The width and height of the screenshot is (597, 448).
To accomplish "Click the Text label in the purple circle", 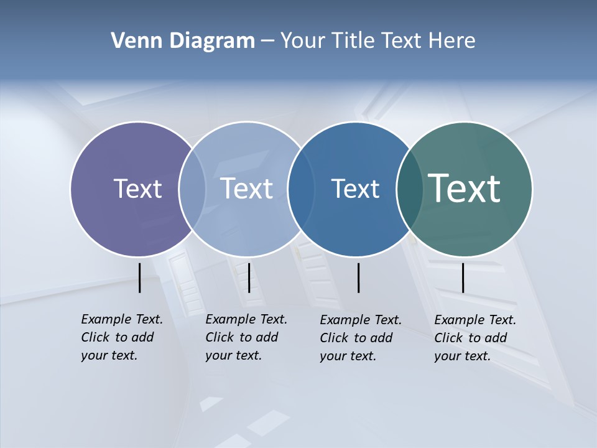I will [x=137, y=189].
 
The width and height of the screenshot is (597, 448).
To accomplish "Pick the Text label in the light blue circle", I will [x=247, y=189].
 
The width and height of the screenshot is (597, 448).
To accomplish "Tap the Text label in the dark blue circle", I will [x=355, y=189].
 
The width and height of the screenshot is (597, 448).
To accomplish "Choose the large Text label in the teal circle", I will [x=465, y=189].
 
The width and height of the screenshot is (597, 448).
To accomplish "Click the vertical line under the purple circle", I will [x=140, y=278].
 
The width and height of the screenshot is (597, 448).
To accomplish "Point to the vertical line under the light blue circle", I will [x=249, y=278].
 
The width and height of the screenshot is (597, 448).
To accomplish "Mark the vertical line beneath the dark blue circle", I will [x=358, y=278].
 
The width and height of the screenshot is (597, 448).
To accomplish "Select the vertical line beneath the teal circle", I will [x=463, y=278].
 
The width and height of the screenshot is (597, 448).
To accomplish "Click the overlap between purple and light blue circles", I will [x=192, y=189].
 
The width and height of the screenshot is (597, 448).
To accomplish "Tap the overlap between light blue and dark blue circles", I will [x=299, y=189].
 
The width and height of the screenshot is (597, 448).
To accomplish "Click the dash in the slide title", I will [x=267, y=41].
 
